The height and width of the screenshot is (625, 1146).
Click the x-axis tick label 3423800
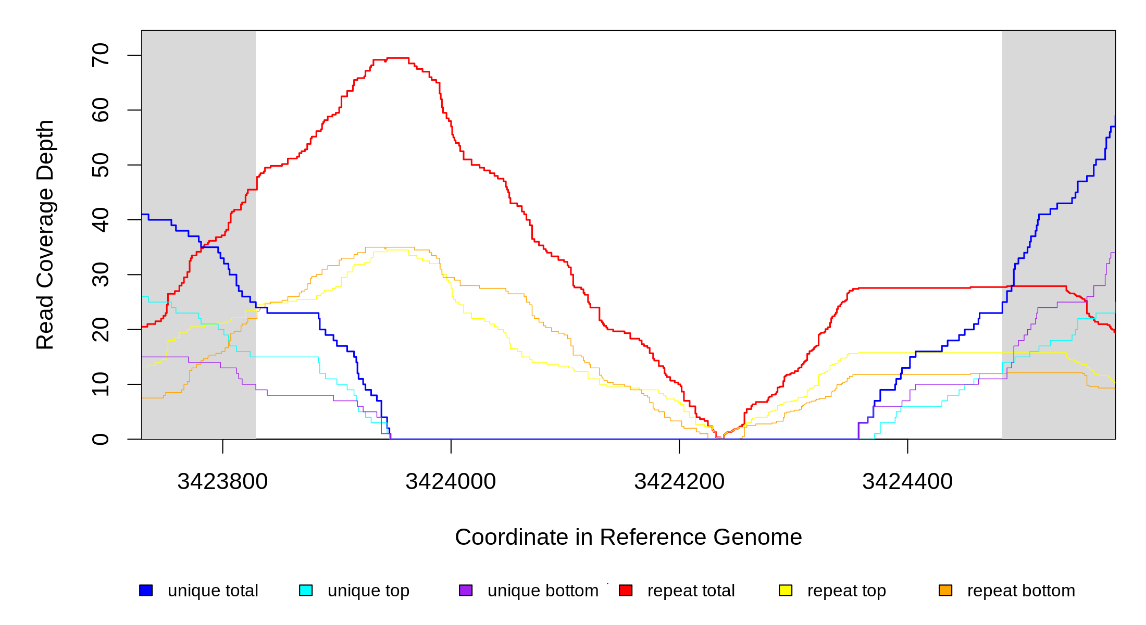pos(222,482)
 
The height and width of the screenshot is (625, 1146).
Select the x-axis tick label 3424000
pos(451,482)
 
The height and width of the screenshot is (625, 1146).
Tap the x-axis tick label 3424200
pos(679,482)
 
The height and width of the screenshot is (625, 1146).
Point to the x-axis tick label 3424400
pos(907,482)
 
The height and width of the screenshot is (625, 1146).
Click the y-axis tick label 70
pos(101,55)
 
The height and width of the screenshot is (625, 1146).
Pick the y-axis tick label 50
pos(101,165)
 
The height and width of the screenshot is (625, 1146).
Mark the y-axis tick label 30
pos(101,274)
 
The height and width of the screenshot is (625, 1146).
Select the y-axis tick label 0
pos(101,439)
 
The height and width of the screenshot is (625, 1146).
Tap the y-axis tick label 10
pos(101,384)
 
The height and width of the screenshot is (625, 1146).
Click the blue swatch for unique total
pos(146,590)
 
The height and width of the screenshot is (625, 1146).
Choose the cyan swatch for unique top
pos(306,590)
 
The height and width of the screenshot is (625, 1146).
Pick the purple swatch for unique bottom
pos(466,590)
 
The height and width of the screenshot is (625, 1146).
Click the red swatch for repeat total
pos(626,590)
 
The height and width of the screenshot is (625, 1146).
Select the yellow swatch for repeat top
pos(786,590)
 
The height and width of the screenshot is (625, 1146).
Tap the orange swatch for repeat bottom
pos(945,590)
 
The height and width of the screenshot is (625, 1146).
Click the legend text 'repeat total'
pos(691,591)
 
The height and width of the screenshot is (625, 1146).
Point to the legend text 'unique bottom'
pos(543,591)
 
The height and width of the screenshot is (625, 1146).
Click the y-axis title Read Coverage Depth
pos(45,234)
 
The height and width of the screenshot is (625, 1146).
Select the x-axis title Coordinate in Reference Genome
pos(628,537)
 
